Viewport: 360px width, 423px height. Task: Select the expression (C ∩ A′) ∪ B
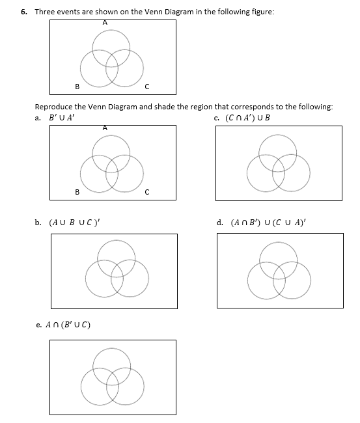(x=247, y=118)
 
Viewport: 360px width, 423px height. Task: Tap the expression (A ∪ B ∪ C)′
(x=74, y=223)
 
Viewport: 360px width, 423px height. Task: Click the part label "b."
(x=38, y=223)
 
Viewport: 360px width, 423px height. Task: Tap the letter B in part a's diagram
(x=77, y=192)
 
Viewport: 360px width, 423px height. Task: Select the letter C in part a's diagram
(x=147, y=192)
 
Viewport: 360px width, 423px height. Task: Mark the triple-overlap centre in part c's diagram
(x=278, y=164)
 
